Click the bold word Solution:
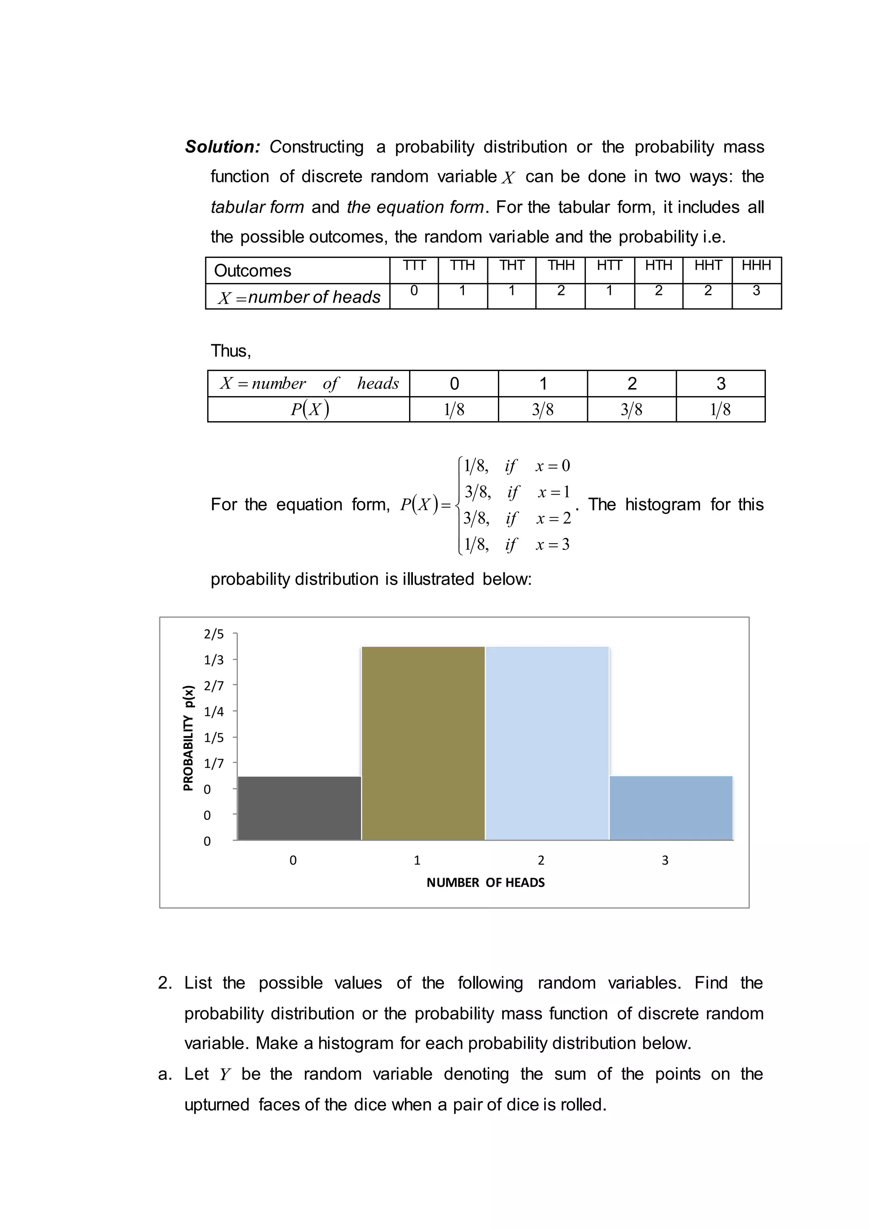(x=222, y=147)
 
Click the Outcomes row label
(x=252, y=271)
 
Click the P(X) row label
(x=309, y=409)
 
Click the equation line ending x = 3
(x=516, y=545)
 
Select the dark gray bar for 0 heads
(x=299, y=808)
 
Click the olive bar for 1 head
(x=423, y=743)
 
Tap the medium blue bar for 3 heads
(x=671, y=808)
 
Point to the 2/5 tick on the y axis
(x=213, y=634)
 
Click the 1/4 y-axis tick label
(x=213, y=712)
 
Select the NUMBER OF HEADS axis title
(x=486, y=883)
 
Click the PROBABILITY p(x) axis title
(x=188, y=738)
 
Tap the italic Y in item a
(x=224, y=1074)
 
